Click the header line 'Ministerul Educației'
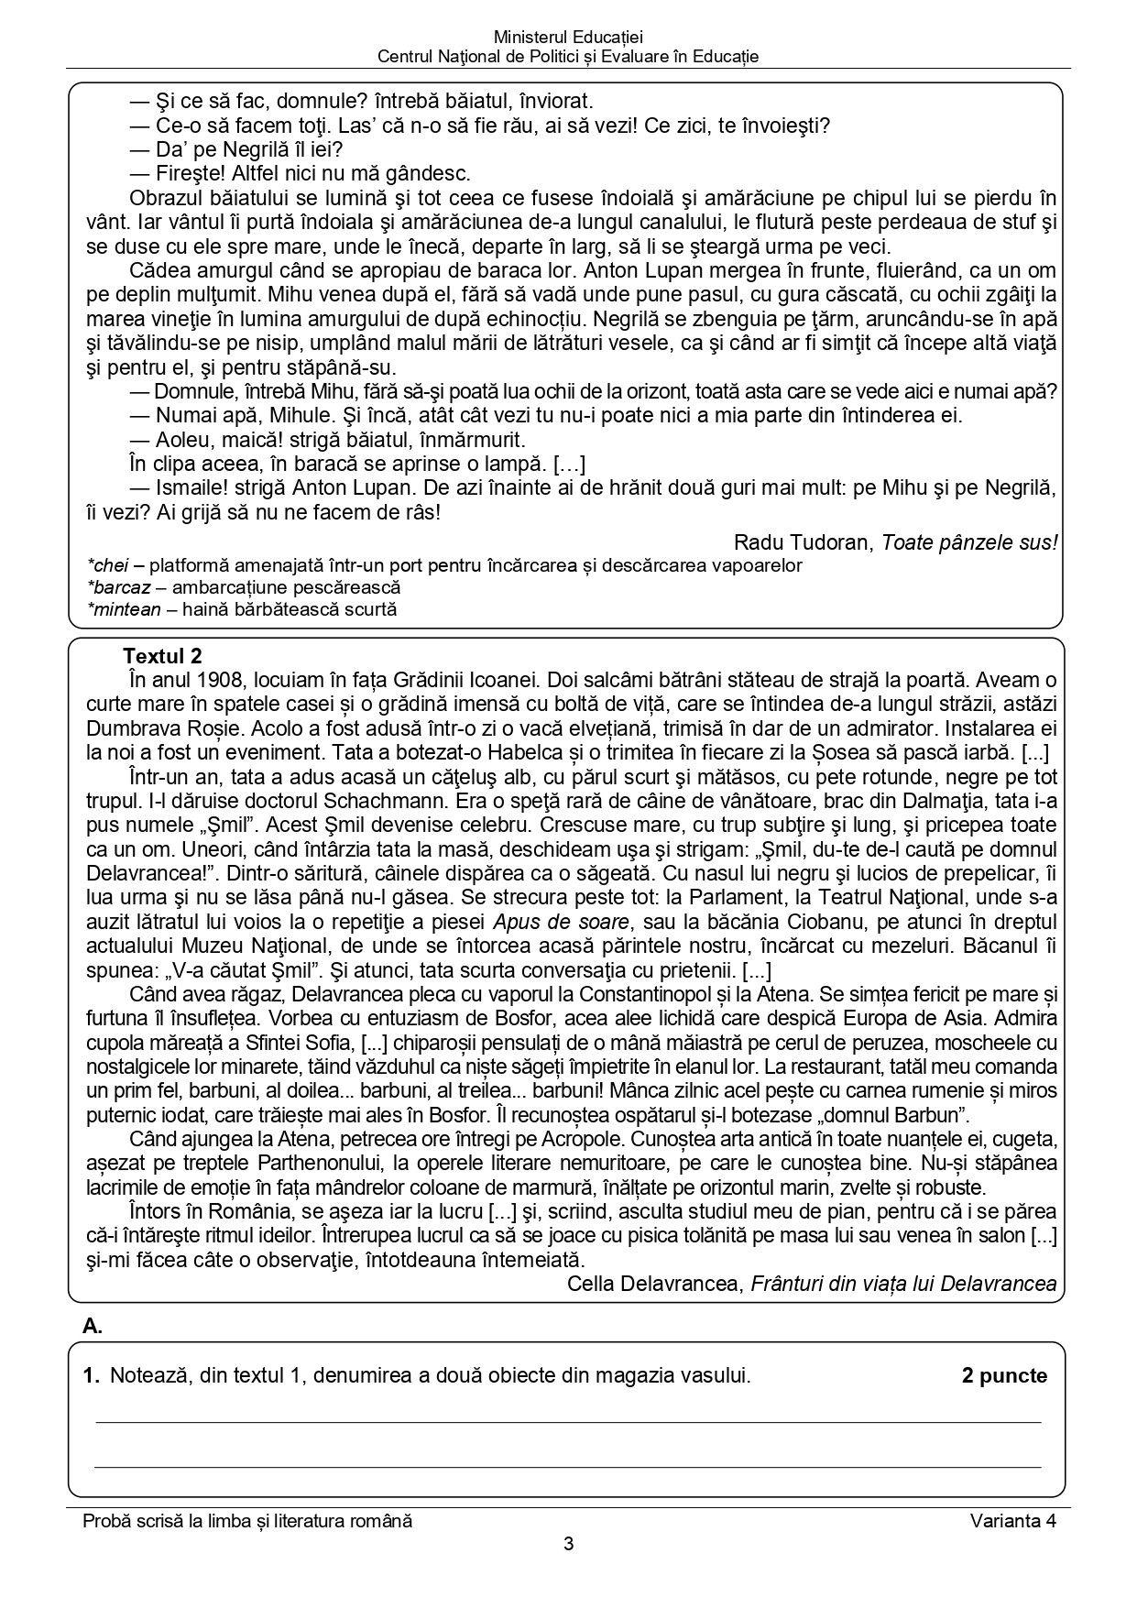pyautogui.click(x=568, y=38)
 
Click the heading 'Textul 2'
pyautogui.click(x=162, y=656)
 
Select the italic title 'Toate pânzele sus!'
pyautogui.click(x=969, y=542)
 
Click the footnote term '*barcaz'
pyautogui.click(x=117, y=587)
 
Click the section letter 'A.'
pyautogui.click(x=93, y=1325)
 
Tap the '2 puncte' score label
pyautogui.click(x=1004, y=1375)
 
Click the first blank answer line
pyautogui.click(x=568, y=1422)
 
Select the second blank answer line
pyautogui.click(x=568, y=1467)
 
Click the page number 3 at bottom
pyautogui.click(x=568, y=1545)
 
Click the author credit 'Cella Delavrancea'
pyautogui.click(x=652, y=1284)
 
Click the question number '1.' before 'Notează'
pyautogui.click(x=90, y=1375)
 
